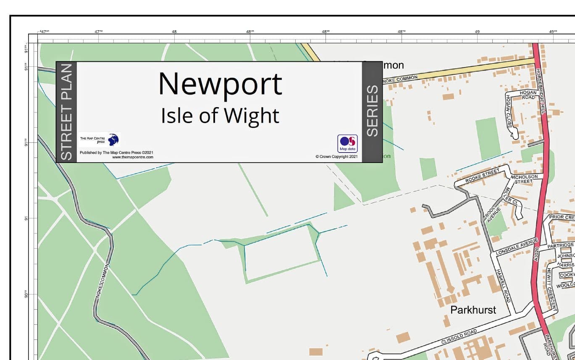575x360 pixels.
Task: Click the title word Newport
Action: tap(220, 84)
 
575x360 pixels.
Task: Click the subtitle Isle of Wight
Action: tap(220, 116)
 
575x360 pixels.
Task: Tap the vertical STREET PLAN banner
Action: tap(66, 112)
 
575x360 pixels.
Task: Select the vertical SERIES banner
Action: tap(372, 111)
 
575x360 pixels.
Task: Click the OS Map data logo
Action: tap(347, 144)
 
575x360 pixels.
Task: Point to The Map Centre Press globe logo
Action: tap(113, 139)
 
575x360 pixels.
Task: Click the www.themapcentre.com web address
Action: tap(133, 157)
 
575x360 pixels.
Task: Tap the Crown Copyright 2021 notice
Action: tap(336, 157)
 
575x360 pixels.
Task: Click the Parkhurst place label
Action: tap(473, 310)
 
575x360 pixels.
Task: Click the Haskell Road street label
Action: tap(503, 286)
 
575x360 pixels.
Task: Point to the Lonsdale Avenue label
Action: tap(516, 247)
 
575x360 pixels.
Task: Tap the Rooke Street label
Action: tap(482, 176)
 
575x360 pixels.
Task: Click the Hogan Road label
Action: tap(528, 95)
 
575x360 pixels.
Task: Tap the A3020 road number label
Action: tap(536, 254)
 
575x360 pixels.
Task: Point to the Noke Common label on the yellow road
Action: tap(401, 79)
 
